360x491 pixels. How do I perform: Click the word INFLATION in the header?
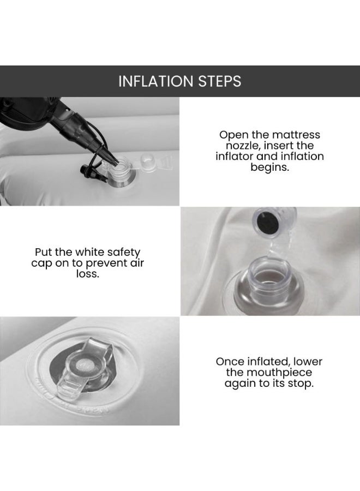tap(156, 81)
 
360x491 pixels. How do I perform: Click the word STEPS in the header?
tap(220, 81)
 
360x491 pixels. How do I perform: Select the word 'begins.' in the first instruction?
tap(269, 167)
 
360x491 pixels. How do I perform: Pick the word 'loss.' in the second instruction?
tap(88, 274)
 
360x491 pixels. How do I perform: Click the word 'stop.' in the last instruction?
tap(301, 384)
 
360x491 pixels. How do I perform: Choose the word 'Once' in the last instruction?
tap(230, 362)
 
